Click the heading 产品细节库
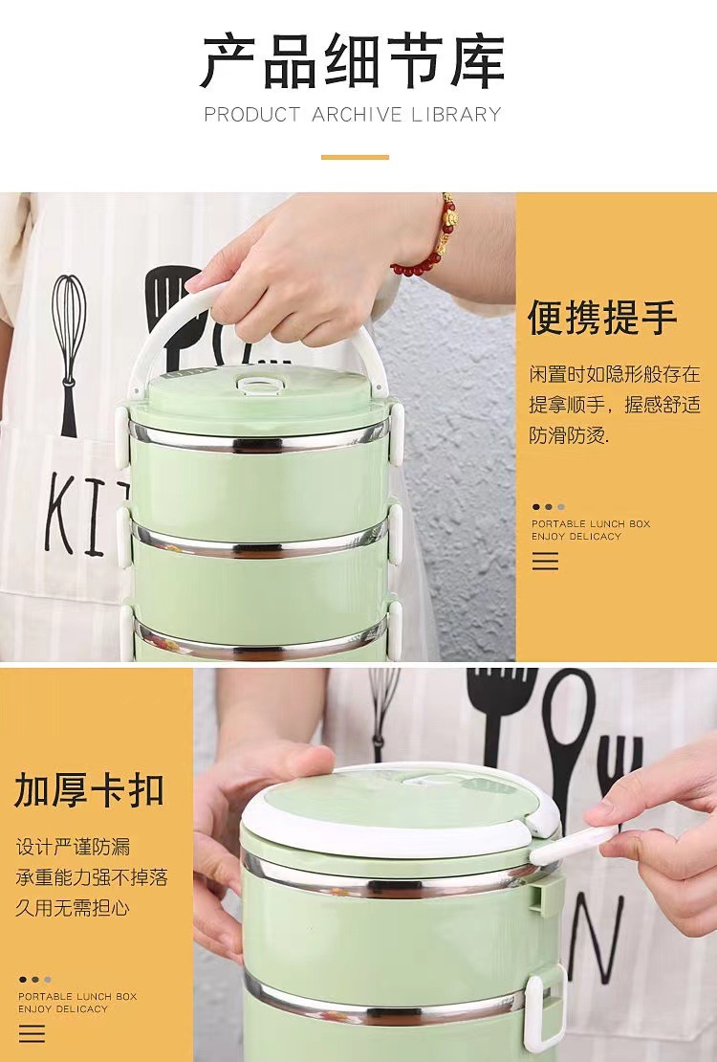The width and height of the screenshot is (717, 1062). pyautogui.click(x=353, y=62)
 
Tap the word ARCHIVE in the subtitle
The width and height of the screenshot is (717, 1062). pyautogui.click(x=357, y=115)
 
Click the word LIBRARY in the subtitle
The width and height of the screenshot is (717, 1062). pyautogui.click(x=456, y=115)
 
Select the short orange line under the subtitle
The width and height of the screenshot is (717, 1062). pyautogui.click(x=355, y=157)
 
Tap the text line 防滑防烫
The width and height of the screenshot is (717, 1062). pyautogui.click(x=570, y=435)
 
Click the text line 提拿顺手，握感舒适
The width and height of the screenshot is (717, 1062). pyautogui.click(x=615, y=405)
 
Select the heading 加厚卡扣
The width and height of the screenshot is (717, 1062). pyautogui.click(x=89, y=789)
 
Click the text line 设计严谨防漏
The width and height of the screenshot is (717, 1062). pyautogui.click(x=73, y=847)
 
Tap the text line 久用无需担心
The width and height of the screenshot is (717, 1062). pyautogui.click(x=73, y=908)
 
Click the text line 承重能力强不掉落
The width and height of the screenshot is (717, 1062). pyautogui.click(x=92, y=877)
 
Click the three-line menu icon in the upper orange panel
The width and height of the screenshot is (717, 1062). pyautogui.click(x=545, y=561)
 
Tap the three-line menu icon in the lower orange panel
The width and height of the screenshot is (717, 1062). pyautogui.click(x=32, y=1033)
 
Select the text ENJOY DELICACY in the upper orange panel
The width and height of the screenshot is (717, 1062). pyautogui.click(x=576, y=537)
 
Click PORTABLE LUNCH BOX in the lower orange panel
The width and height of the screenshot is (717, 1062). pyautogui.click(x=77, y=996)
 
